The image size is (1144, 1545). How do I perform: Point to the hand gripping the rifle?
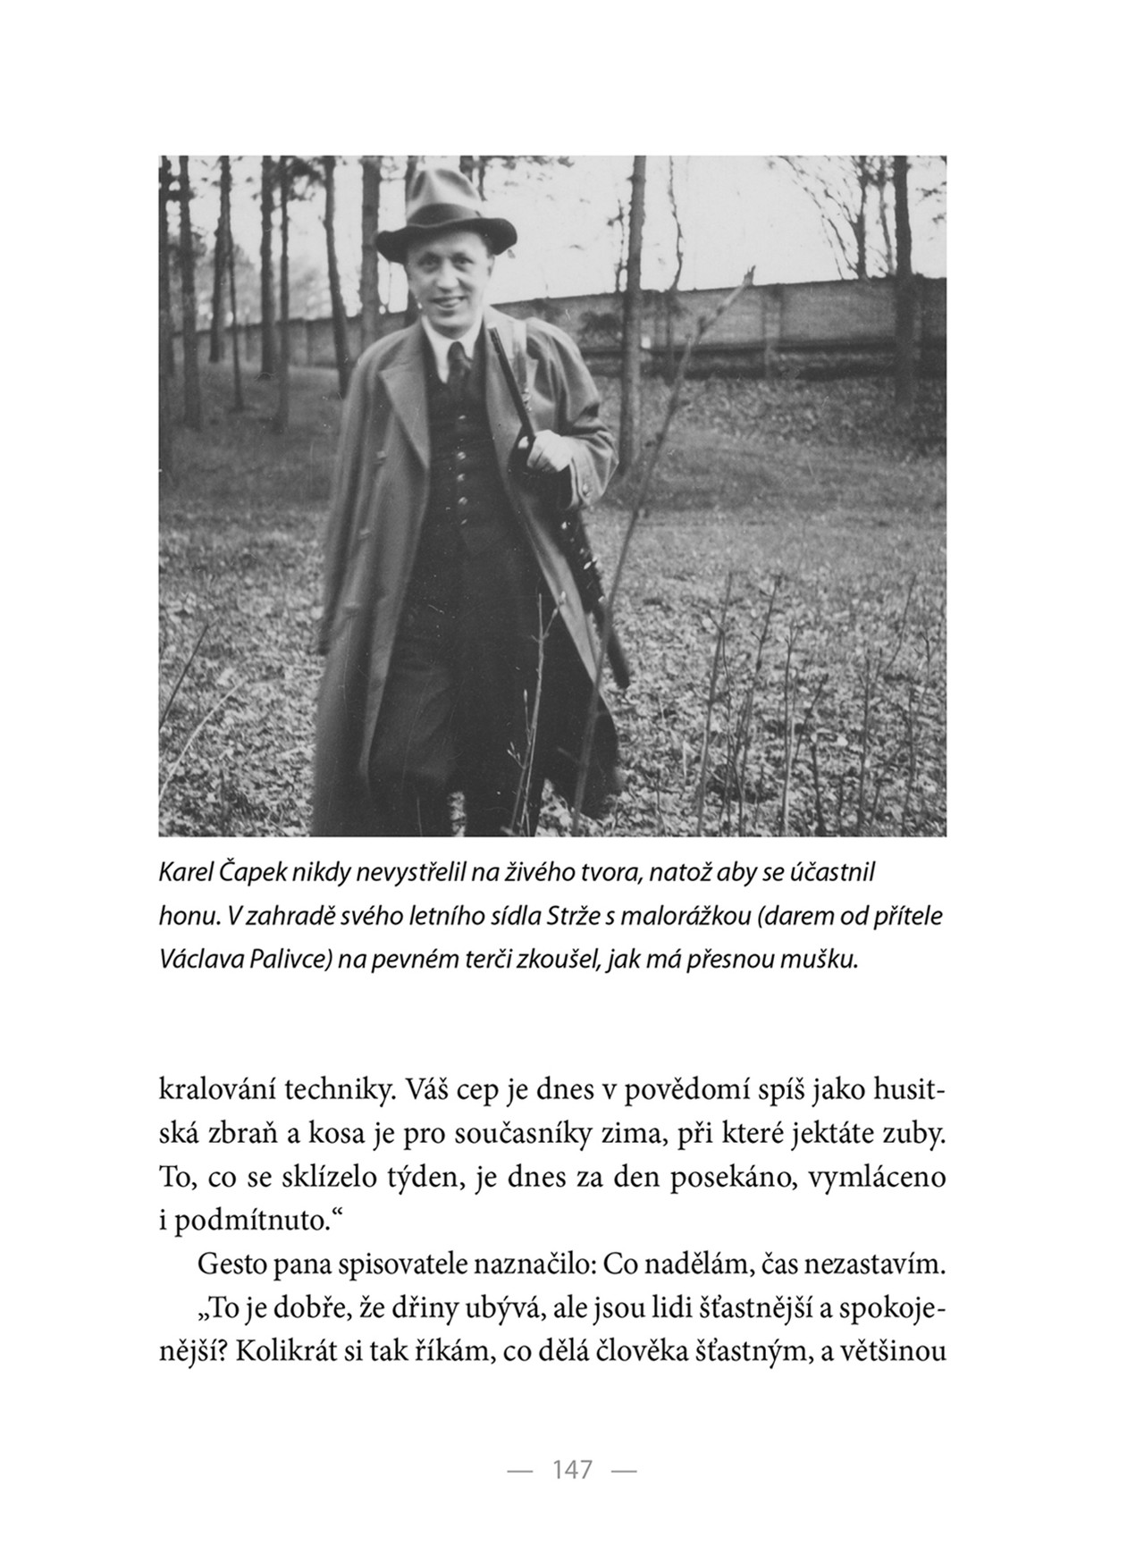pos(547,453)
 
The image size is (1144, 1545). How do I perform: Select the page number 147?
pos(572,1469)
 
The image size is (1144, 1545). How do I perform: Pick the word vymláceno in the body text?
pos(877,1178)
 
